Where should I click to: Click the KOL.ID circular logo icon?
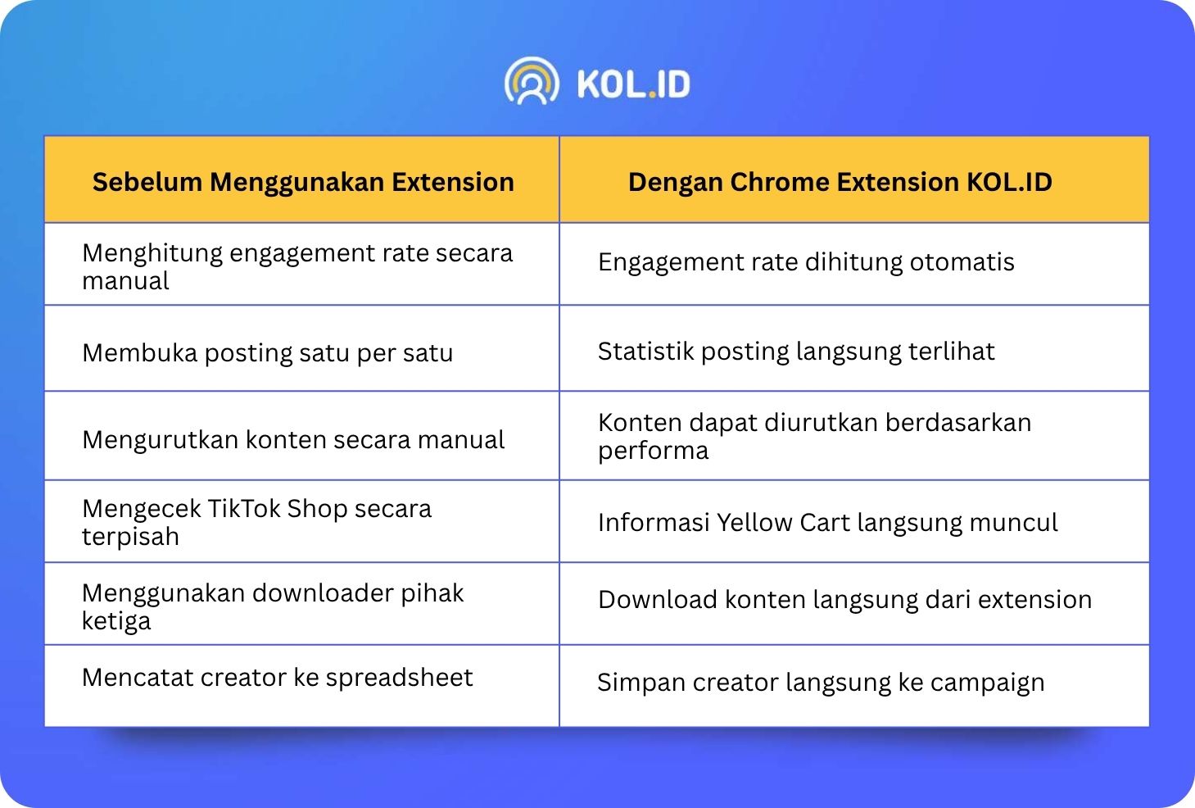click(532, 81)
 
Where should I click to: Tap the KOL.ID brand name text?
click(633, 84)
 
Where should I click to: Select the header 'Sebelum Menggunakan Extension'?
click(303, 182)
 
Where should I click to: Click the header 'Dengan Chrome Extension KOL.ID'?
click(840, 182)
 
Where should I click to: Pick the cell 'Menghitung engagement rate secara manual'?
click(297, 266)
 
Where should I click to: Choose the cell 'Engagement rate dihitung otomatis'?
click(806, 262)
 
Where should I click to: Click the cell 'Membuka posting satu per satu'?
click(267, 353)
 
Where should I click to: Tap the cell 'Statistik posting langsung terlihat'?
click(796, 352)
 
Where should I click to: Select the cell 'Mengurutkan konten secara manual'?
click(293, 440)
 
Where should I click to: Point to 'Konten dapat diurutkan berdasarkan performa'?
click(815, 437)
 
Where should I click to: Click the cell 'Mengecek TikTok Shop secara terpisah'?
click(256, 522)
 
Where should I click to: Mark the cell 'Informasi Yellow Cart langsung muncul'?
click(827, 523)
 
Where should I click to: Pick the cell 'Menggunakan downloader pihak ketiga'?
click(273, 606)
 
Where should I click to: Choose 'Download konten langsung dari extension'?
click(844, 600)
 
